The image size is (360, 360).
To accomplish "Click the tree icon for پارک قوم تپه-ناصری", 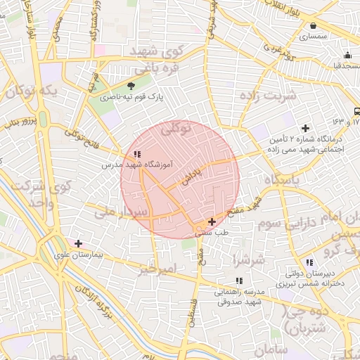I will (131, 86).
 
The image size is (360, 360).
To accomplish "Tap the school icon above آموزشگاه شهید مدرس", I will (136, 153).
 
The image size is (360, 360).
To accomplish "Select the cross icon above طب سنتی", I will (212, 221).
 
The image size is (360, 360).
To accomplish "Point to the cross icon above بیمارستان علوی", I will (78, 243).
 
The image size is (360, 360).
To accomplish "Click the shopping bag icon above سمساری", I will (311, 25).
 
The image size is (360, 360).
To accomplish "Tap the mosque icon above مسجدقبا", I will (347, 56).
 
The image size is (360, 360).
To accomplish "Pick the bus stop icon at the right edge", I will (357, 111).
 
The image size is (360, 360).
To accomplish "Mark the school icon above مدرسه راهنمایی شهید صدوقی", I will (238, 281).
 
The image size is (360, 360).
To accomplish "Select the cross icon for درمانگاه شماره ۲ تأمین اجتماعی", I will (305, 128).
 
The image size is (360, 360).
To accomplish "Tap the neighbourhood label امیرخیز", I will (156, 269).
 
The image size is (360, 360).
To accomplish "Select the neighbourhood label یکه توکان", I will (29, 91).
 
